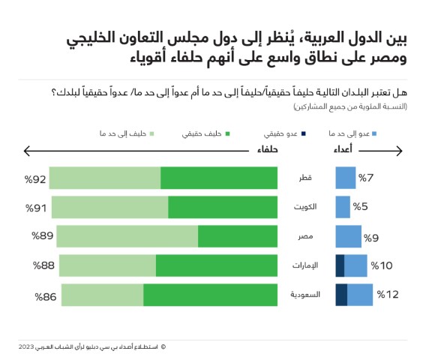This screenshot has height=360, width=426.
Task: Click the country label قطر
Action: (307, 178)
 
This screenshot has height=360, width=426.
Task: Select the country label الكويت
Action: (304, 207)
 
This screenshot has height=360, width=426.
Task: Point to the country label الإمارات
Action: (304, 265)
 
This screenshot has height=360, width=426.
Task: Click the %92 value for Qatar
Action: (34, 178)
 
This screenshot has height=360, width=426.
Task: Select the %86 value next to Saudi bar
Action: (46, 296)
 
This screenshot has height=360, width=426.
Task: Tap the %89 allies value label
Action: (42, 236)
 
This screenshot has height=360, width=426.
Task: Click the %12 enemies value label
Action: (388, 295)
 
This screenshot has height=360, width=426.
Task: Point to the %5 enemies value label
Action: (364, 207)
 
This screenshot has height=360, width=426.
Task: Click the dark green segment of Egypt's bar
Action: (237, 236)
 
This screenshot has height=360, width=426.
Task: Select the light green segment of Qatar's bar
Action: (105, 178)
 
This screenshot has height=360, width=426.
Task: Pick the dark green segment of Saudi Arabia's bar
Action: (210, 295)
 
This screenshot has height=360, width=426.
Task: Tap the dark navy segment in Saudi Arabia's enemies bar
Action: (341, 295)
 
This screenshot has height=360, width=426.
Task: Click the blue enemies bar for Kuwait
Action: (343, 207)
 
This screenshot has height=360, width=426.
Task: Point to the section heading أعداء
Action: (343, 150)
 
